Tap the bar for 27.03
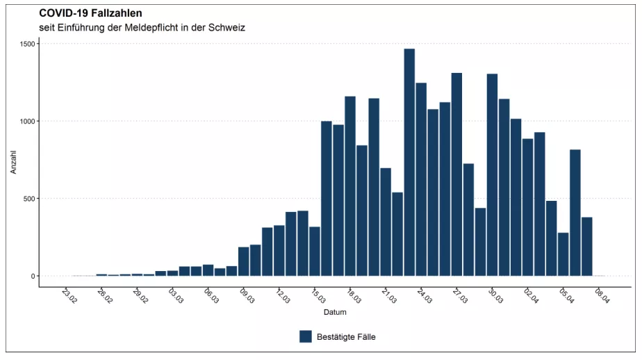456,174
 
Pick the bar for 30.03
492,174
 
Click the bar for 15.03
315,251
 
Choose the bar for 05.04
563,254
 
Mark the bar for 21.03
386,222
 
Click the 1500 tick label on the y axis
27,44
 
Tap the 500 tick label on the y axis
29,199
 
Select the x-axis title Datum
335,313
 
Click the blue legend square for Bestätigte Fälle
306,336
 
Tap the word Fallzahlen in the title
115,13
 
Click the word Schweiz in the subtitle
227,28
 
